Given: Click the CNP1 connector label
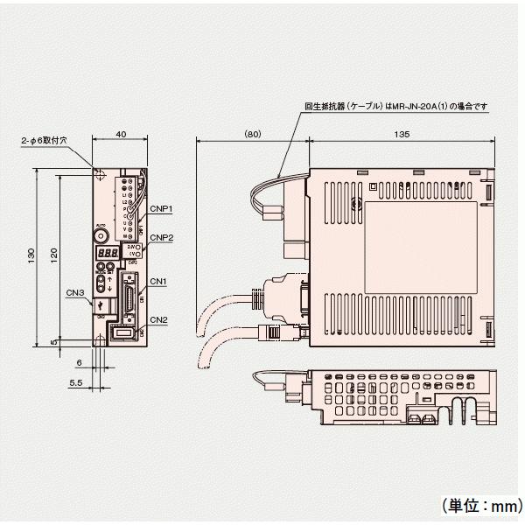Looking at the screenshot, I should click(161, 208).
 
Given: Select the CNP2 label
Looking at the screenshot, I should click(161, 237).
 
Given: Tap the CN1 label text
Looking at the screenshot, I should click(157, 281).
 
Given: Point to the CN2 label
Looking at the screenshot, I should click(157, 319).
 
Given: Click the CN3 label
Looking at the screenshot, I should click(74, 292).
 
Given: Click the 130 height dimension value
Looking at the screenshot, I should click(32, 255).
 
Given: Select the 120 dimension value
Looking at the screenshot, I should click(53, 255).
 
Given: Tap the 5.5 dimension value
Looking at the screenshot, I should click(75, 382).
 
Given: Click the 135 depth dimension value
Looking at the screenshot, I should click(403, 136).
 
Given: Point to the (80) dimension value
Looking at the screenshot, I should click(251, 136).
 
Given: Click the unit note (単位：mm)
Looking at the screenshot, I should click(474, 504).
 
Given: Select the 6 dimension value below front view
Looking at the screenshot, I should click(79, 361).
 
